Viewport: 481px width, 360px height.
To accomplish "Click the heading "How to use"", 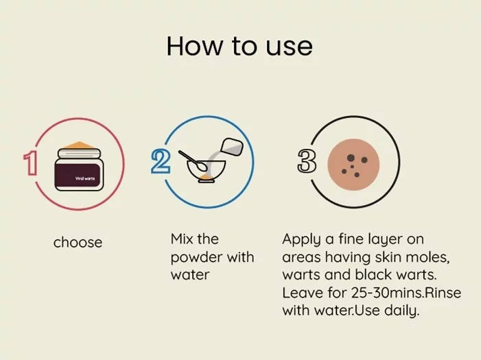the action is pos(239,46).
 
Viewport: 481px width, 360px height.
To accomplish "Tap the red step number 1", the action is pos(30,163).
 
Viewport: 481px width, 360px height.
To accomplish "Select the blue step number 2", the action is pos(160,161).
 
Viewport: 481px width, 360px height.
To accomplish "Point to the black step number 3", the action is pos(307,161).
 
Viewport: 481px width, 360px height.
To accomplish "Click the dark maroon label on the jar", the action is pos(78,175).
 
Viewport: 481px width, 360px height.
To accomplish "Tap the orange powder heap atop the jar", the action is pos(79,145).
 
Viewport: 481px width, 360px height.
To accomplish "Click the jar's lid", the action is pos(79,154).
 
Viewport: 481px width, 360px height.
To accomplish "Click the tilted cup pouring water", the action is pos(232,147).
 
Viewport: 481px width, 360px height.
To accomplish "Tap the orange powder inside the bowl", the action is pos(206,178).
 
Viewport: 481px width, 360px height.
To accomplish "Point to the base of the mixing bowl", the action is pos(206,181).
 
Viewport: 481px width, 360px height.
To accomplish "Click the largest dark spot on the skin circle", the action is pos(351,158).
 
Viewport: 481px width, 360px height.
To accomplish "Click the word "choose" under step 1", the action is pos(78,243).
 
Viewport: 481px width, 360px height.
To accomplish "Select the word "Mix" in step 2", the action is pos(182,239).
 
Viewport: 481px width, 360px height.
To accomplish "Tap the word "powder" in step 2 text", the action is pos(191,258).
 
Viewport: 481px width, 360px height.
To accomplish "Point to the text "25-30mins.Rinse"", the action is pos(406,293).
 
